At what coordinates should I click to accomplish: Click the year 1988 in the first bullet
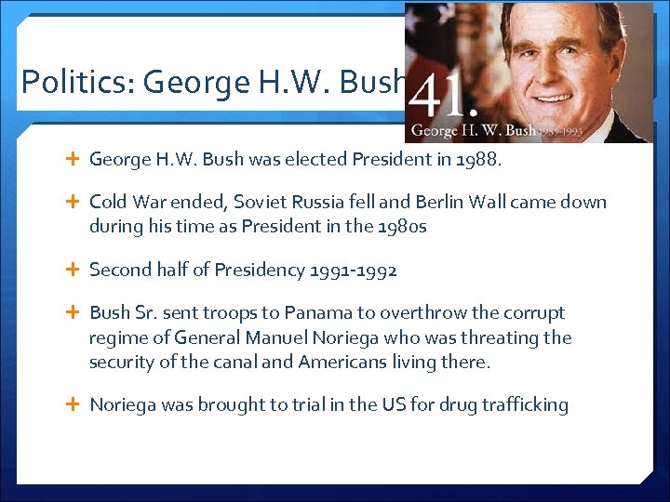coord(476,159)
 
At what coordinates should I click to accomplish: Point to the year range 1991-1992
coord(354,271)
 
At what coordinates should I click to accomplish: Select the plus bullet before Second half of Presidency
coord(74,271)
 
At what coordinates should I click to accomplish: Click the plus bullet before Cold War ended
coord(74,202)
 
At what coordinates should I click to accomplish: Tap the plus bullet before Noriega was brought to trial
coord(74,404)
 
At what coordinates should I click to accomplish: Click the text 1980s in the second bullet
coord(401,226)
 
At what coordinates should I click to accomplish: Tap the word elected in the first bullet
coord(315,159)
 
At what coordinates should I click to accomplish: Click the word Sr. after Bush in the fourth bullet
coord(153,313)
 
